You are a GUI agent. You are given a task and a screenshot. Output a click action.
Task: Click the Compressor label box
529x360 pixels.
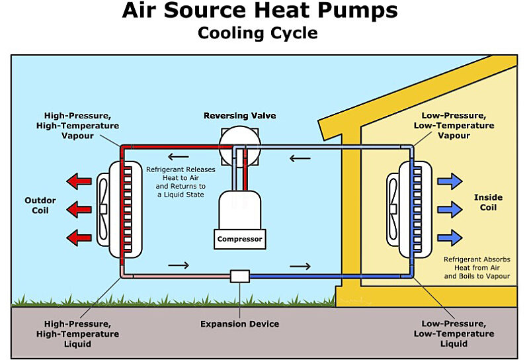pyautogui.click(x=239, y=239)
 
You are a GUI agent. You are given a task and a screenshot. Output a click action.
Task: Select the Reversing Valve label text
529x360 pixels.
pyautogui.click(x=239, y=116)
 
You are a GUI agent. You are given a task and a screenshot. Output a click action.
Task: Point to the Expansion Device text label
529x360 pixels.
pyautogui.click(x=239, y=324)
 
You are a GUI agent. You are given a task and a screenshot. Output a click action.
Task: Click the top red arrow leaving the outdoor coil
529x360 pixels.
pyautogui.click(x=80, y=181)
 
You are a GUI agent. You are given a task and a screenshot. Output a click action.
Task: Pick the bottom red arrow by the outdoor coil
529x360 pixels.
pyautogui.click(x=80, y=236)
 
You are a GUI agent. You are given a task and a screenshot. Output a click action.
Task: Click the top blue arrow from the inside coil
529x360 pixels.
pyautogui.click(x=450, y=181)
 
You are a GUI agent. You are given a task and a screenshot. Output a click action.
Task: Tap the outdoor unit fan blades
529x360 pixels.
pyautogui.click(x=104, y=208)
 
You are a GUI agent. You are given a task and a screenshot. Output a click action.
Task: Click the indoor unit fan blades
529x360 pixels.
pyautogui.click(x=393, y=208)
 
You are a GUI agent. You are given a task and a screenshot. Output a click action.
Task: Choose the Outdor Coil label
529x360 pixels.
pyautogui.click(x=40, y=205)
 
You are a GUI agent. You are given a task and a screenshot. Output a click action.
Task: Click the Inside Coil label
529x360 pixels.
pyautogui.click(x=488, y=202)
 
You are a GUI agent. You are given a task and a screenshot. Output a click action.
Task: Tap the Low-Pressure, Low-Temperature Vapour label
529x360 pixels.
pyautogui.click(x=453, y=125)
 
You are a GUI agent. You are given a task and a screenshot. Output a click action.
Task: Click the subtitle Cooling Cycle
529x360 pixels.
pyautogui.click(x=258, y=32)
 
